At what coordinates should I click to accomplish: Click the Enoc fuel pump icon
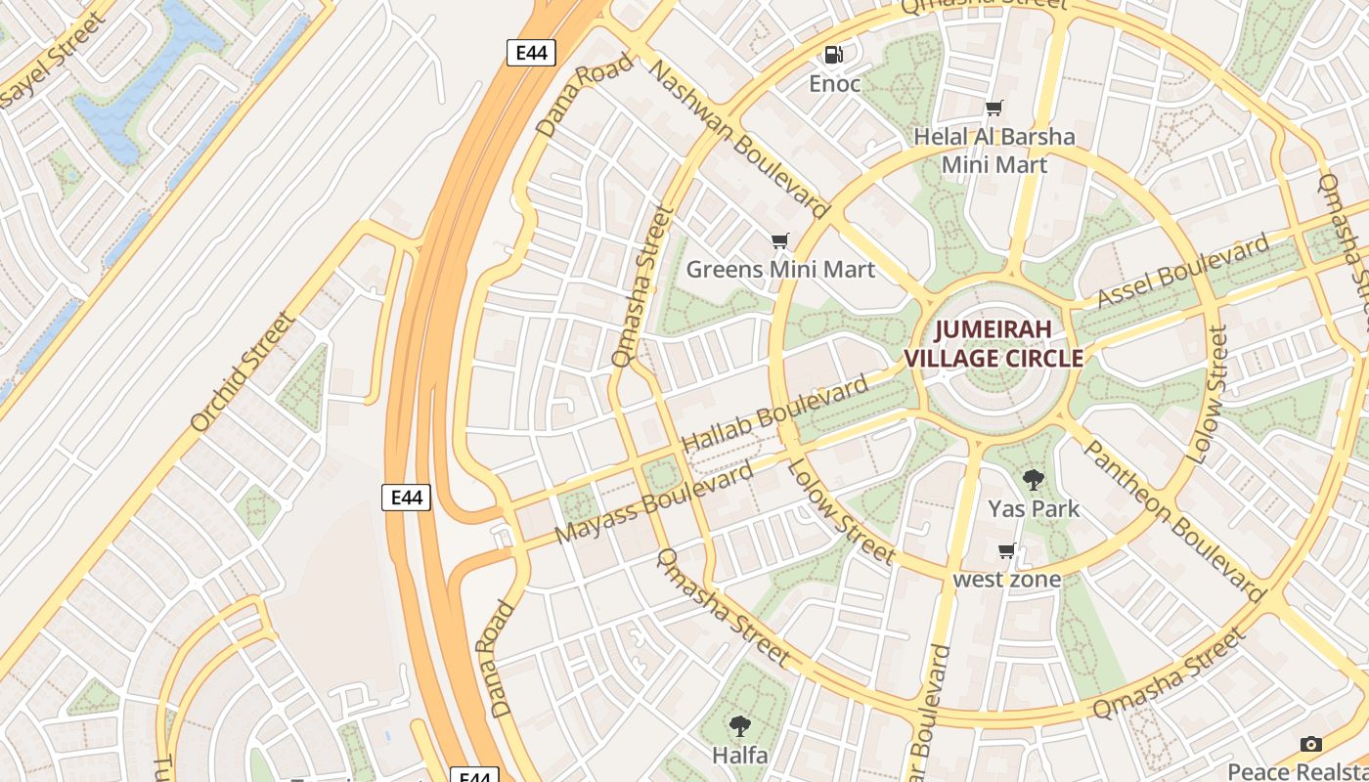833,55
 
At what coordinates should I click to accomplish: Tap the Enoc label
834,84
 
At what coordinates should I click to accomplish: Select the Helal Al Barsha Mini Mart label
994,151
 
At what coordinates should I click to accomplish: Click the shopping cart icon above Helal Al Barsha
994,109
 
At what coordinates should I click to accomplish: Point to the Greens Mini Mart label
780,269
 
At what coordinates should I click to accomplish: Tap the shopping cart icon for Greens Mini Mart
779,240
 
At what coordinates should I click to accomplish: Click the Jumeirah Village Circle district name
994,343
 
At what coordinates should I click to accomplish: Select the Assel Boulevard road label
1183,270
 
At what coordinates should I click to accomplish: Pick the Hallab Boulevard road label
774,413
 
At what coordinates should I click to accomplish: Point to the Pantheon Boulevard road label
1173,519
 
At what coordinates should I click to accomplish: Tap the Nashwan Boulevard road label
739,139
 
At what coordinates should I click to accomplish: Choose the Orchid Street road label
242,371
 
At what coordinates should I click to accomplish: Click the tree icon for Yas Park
1033,480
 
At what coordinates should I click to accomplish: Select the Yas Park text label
1033,508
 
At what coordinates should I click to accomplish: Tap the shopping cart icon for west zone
1007,551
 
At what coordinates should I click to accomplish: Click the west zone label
1007,580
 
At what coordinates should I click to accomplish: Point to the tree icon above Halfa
740,726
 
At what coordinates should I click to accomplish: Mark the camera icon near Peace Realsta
1311,745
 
